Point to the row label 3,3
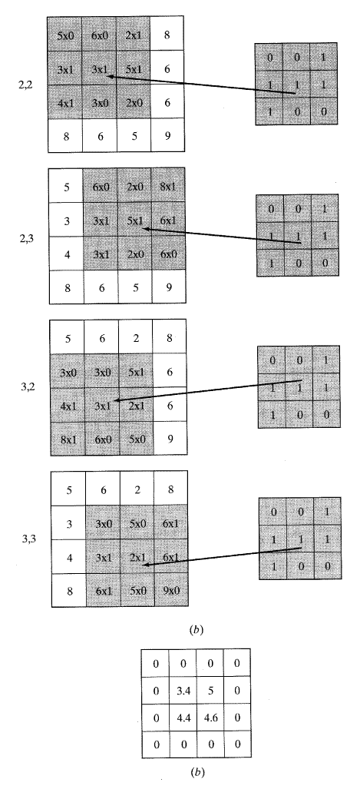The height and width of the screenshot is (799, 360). coord(29,538)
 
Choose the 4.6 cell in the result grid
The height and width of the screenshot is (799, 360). coord(210,718)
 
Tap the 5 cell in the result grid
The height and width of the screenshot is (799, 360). coord(210,691)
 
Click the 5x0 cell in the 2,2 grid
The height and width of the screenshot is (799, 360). coord(64,34)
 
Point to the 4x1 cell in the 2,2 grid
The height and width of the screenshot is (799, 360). coord(64,102)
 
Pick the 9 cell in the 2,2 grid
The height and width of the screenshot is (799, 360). coord(167,136)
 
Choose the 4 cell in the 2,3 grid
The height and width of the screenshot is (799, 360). coord(66,254)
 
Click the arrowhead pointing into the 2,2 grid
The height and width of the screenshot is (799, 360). coord(110,77)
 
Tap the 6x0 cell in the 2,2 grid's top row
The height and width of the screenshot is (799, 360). coord(99,34)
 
